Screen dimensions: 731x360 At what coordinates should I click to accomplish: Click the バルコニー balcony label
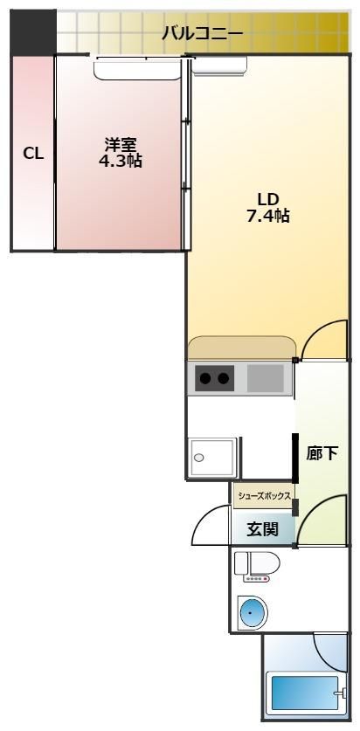[x=202, y=34]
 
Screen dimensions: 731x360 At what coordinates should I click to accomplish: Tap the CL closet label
[x=33, y=154]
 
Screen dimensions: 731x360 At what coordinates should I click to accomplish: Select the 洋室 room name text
[x=121, y=145]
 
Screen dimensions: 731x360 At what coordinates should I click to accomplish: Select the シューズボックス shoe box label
[x=264, y=495]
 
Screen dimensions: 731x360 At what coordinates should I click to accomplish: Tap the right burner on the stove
[x=225, y=378]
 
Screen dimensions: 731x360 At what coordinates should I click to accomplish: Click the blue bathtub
[x=305, y=693]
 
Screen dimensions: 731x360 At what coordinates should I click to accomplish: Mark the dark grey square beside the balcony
[x=32, y=32]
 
